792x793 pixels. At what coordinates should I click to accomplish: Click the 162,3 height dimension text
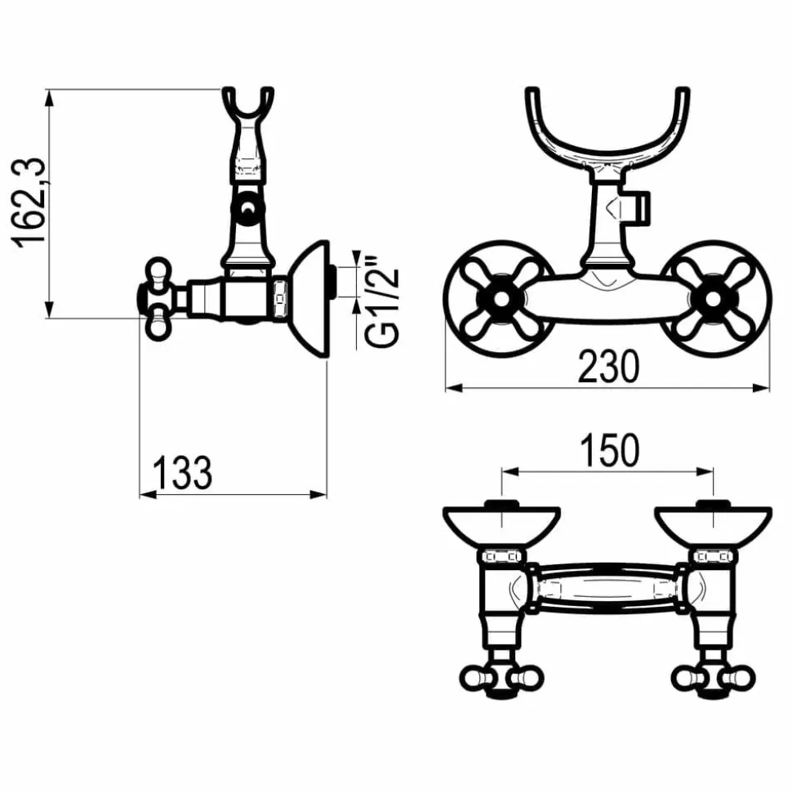(29, 203)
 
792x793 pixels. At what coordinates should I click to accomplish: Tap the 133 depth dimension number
(182, 473)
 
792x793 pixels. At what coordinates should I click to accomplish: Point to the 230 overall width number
(608, 367)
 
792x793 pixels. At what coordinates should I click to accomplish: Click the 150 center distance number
(609, 450)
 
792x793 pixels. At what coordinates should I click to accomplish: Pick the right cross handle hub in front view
(713, 299)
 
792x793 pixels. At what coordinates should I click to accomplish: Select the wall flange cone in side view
(309, 299)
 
